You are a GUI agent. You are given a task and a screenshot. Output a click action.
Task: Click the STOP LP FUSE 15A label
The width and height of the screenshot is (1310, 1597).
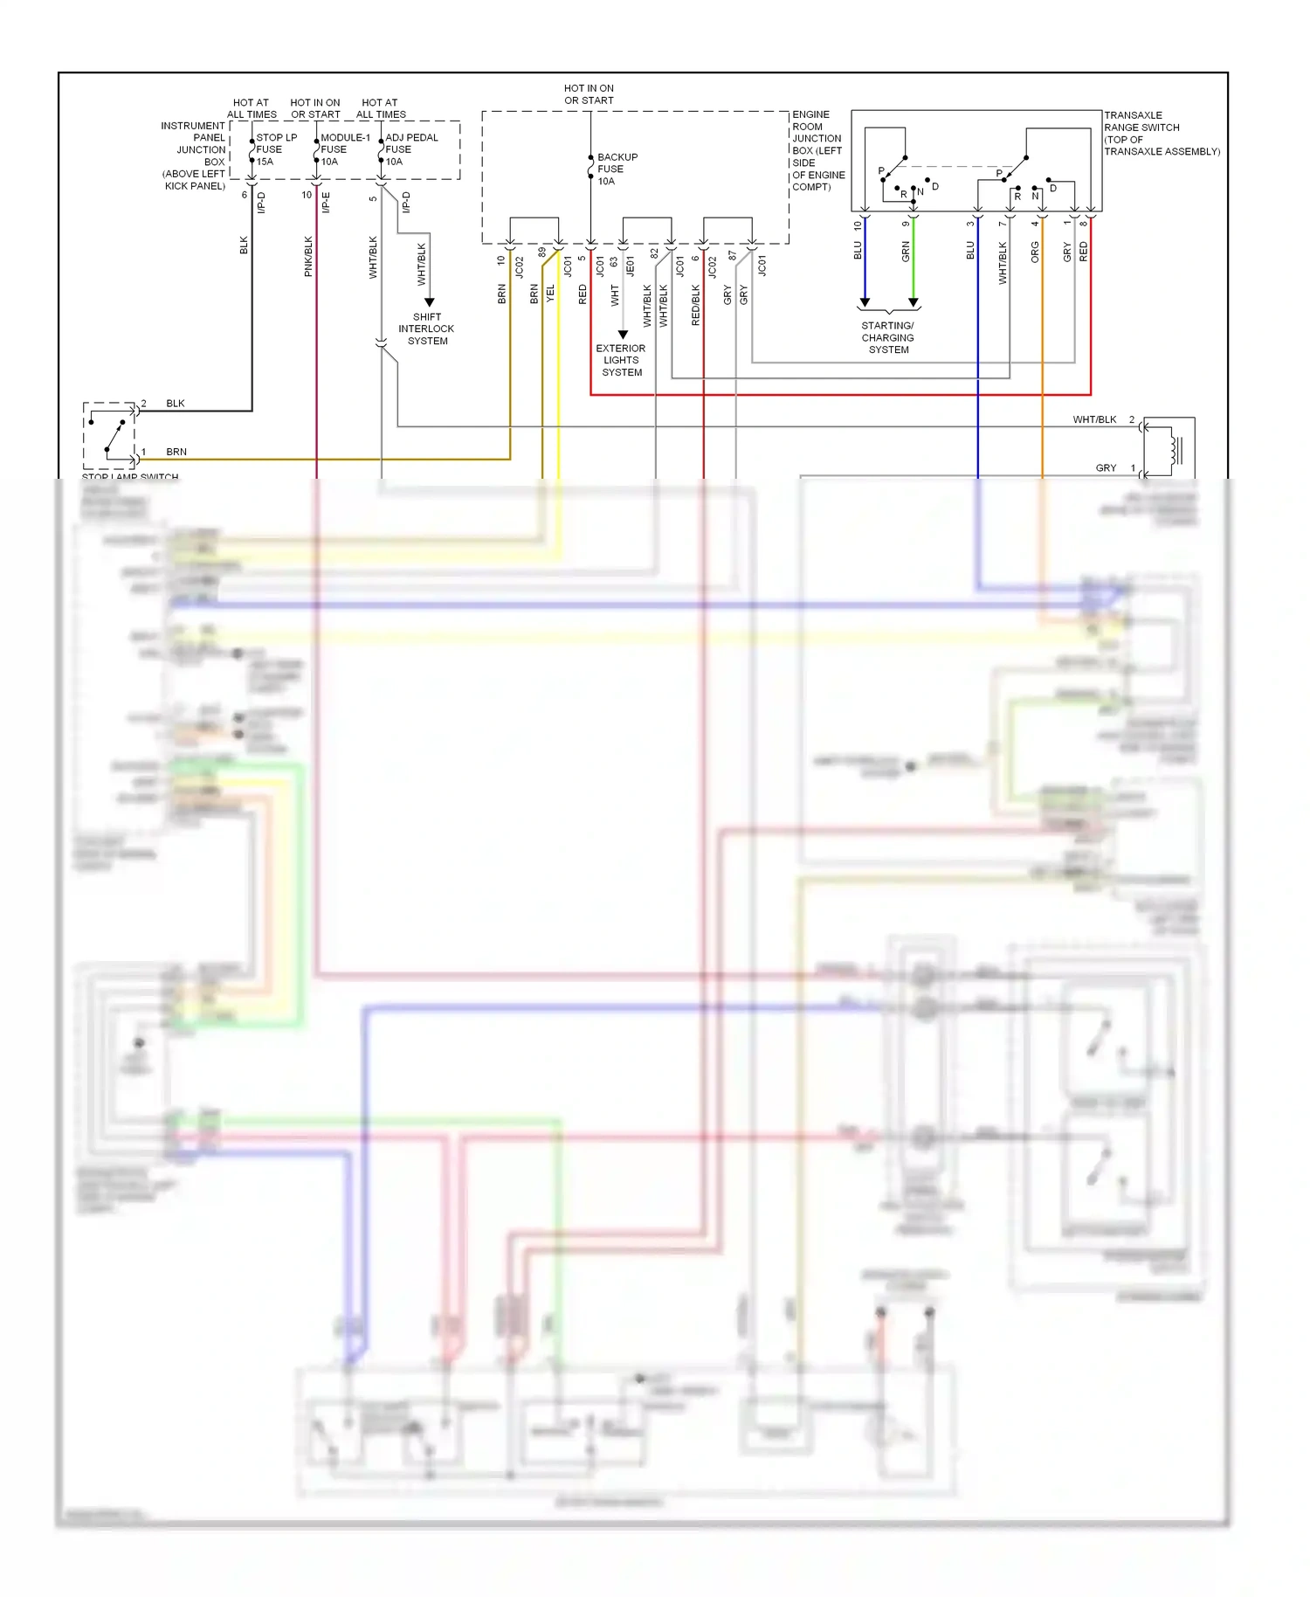pyautogui.click(x=275, y=149)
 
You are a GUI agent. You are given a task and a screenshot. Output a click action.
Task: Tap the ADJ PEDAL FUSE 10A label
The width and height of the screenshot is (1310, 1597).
pyautogui.click(x=410, y=149)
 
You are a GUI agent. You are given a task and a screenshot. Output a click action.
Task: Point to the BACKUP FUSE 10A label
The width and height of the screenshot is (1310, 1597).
pyautogui.click(x=617, y=169)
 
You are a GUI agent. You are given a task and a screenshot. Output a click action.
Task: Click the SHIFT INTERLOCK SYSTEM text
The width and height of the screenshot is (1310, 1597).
pyautogui.click(x=427, y=329)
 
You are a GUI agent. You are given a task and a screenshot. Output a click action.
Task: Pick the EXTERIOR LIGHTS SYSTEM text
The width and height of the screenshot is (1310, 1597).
pyautogui.click(x=621, y=360)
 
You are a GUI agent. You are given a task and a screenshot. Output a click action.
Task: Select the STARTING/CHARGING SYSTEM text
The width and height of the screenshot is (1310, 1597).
pyautogui.click(x=888, y=337)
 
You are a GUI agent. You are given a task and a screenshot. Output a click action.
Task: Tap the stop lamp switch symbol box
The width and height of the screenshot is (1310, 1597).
pyautogui.click(x=110, y=434)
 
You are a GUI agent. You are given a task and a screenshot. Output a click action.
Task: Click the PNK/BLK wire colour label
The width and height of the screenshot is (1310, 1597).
pyautogui.click(x=308, y=257)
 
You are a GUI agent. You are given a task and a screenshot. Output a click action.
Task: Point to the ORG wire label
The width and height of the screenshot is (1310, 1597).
pyautogui.click(x=1035, y=252)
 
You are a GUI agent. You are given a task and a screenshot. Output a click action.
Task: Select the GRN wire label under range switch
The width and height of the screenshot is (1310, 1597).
pyautogui.click(x=906, y=252)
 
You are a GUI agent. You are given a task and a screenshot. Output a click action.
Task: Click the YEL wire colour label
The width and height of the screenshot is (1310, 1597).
pyautogui.click(x=550, y=294)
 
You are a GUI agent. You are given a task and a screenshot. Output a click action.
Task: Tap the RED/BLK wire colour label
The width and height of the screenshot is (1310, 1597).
pyautogui.click(x=696, y=305)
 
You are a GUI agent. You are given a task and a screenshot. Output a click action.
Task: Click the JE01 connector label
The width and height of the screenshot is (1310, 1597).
pyautogui.click(x=631, y=266)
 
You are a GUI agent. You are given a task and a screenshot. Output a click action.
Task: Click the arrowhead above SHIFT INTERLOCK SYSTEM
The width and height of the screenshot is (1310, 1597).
pyautogui.click(x=429, y=302)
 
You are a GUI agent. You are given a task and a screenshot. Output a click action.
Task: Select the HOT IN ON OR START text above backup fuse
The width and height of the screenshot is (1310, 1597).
pyautogui.click(x=589, y=94)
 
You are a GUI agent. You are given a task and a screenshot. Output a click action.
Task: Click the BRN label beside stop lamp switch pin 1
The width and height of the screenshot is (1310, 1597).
pyautogui.click(x=176, y=452)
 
